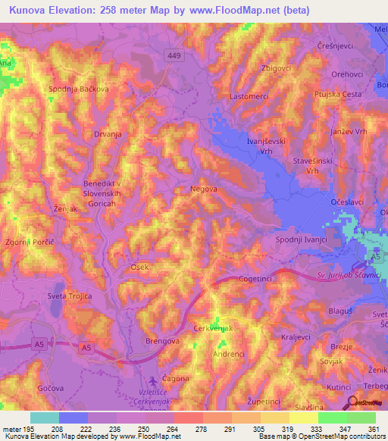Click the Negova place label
point(204,189)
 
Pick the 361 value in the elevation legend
point(371,428)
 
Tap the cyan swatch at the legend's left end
point(45,418)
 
